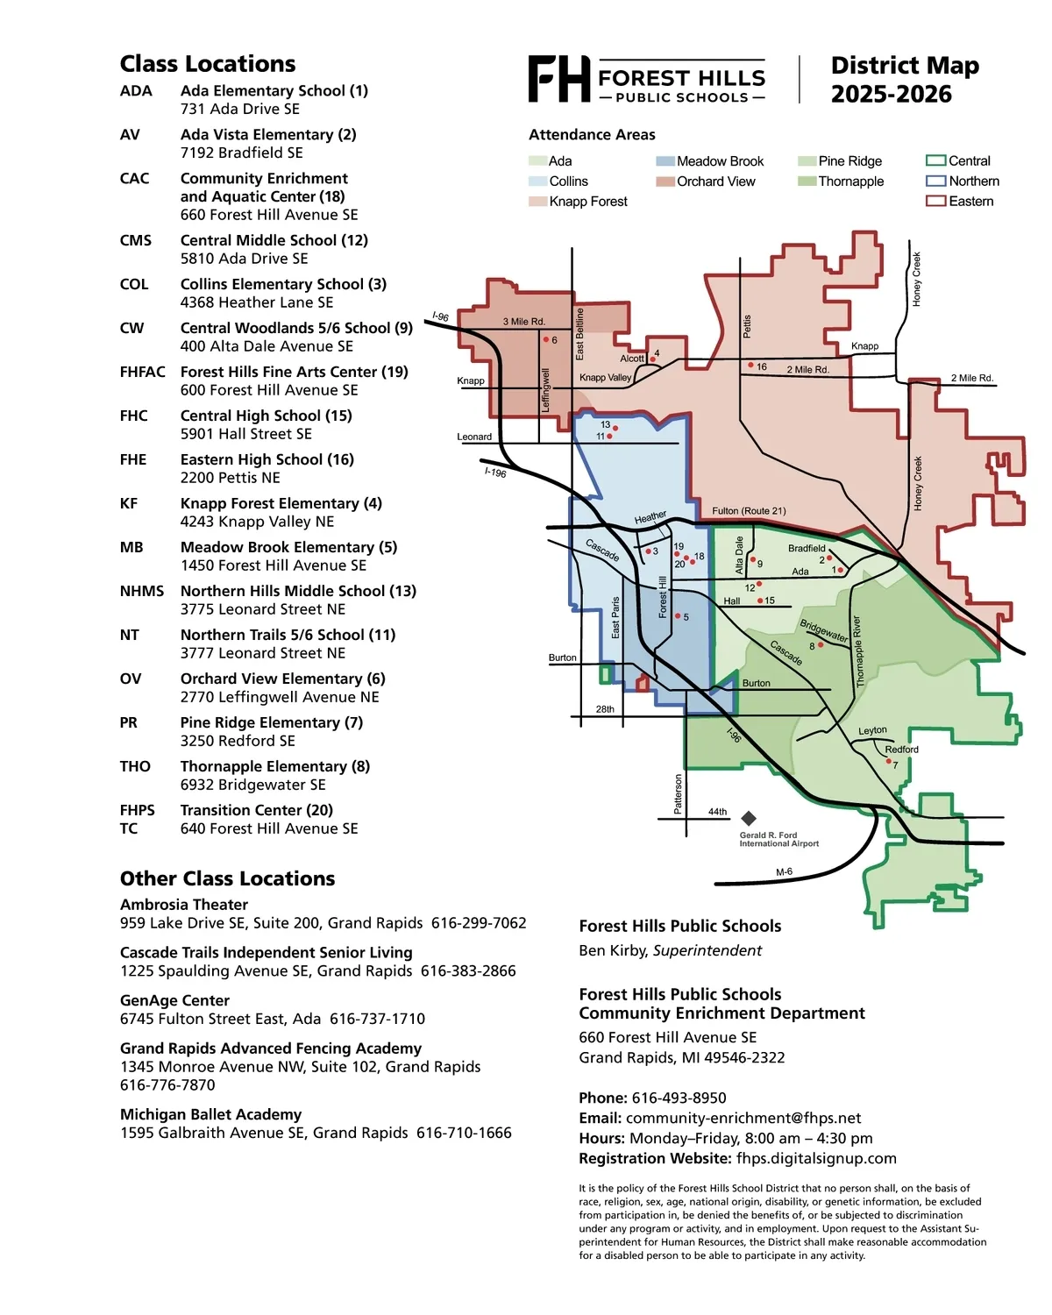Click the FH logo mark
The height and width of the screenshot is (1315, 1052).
tap(558, 79)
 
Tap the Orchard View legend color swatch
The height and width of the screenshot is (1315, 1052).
tap(665, 181)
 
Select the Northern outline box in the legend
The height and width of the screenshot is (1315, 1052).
tap(935, 181)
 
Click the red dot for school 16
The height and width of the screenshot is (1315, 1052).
tap(750, 365)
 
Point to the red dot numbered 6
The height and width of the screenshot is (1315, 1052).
tap(545, 339)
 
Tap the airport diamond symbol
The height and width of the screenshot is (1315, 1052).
tap(748, 818)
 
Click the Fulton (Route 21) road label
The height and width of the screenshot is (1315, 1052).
tap(749, 510)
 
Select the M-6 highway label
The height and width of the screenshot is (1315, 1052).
tap(784, 872)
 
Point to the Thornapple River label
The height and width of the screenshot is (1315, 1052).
tap(858, 651)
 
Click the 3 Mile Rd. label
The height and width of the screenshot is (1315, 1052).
tap(523, 322)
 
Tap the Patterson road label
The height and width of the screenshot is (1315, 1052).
tap(678, 793)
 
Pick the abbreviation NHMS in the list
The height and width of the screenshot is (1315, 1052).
tap(142, 591)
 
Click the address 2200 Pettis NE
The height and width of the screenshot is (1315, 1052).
tap(230, 478)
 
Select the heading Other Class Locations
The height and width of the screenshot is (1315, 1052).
tap(227, 878)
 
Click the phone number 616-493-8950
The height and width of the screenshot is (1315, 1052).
tap(679, 1098)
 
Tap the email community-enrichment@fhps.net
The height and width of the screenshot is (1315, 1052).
tap(743, 1118)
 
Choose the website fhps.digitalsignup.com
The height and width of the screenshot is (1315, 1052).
tap(816, 1158)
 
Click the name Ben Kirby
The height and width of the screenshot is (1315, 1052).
tap(613, 950)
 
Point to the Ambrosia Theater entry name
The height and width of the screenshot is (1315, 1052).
tap(184, 904)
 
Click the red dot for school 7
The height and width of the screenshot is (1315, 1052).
tap(888, 762)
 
